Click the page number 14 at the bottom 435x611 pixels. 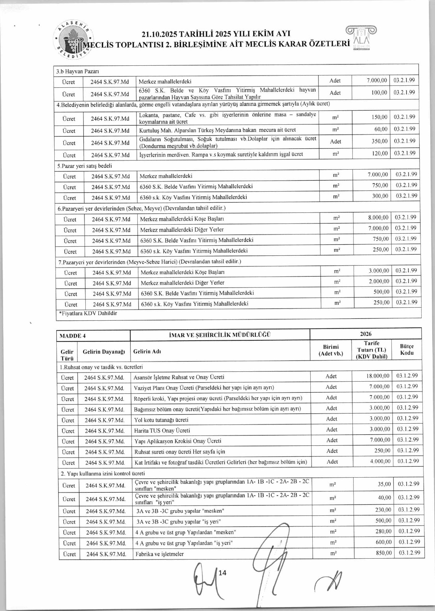pos(222,572)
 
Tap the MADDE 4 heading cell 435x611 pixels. pos(73,336)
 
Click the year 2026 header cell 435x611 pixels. pos(365,334)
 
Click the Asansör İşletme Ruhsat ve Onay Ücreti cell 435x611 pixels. pos(179,377)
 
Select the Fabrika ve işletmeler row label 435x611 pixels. pos(159,554)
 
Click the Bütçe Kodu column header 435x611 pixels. pos(407,349)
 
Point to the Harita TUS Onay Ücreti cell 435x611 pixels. pos(162,430)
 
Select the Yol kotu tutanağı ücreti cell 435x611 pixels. pos(161,420)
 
